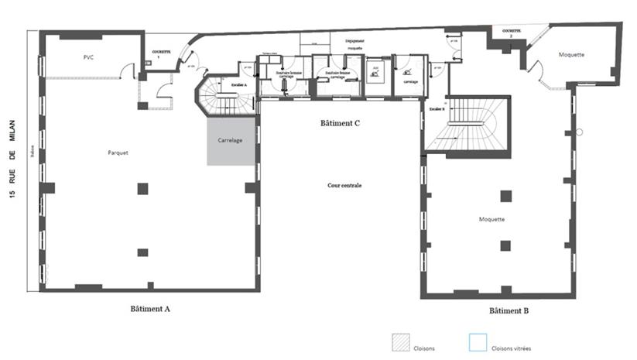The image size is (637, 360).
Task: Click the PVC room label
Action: click(x=88, y=58)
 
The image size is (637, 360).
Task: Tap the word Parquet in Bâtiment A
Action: click(x=118, y=153)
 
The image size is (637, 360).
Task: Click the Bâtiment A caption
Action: click(x=150, y=308)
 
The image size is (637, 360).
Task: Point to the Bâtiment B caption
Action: click(x=509, y=310)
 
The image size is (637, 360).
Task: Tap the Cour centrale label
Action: click(x=344, y=186)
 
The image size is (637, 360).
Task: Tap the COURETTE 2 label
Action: click(x=512, y=32)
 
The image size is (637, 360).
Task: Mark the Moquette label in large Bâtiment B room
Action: click(x=491, y=219)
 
